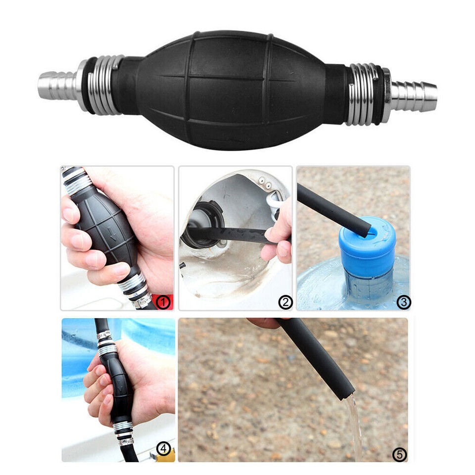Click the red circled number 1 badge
(x=163, y=301)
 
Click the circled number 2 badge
(x=285, y=301)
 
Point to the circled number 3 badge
(x=403, y=301)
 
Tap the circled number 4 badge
(x=164, y=449)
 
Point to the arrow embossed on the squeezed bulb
(x=113, y=233)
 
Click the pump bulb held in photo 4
(x=119, y=383)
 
